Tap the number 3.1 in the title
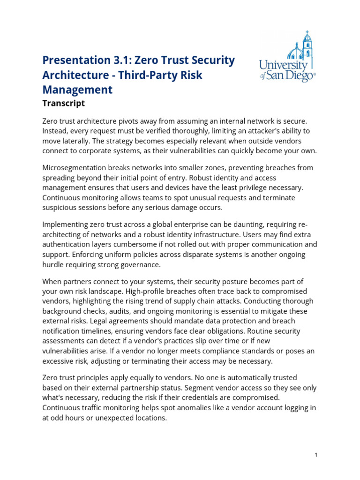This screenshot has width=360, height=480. pos(124,60)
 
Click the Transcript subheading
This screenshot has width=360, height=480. pos(63,103)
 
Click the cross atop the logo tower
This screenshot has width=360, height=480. pos(307,33)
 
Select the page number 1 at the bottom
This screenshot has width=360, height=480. pos(317,455)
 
